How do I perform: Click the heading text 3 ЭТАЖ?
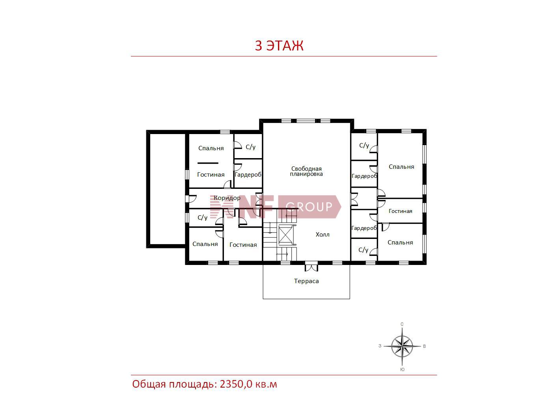279,45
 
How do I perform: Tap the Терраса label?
306,281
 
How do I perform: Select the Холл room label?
323,235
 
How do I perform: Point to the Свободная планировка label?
306,171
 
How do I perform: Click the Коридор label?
227,198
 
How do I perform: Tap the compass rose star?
402,347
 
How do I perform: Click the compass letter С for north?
402,324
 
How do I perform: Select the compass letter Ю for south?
402,369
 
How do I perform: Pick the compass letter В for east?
425,347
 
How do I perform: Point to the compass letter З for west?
380,346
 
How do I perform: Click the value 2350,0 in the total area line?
236,384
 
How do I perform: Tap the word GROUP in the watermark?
309,207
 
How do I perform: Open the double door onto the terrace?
311,267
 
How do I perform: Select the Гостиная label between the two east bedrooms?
400,211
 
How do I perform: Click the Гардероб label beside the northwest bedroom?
248,175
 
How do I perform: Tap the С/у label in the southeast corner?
364,250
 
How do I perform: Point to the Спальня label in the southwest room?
205,244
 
